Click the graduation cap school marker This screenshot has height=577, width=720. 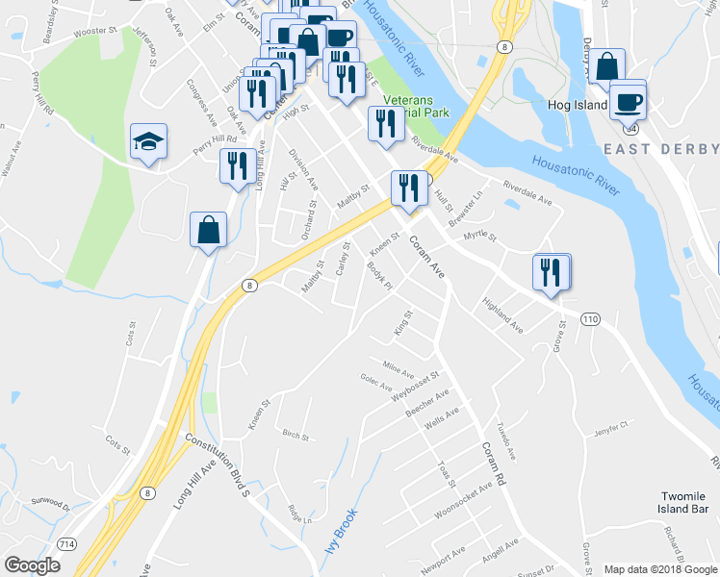(148, 142)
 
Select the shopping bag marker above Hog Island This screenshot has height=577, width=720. (607, 67)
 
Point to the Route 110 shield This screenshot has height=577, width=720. (590, 318)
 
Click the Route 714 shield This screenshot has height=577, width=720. (68, 544)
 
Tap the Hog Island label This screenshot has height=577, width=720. (578, 105)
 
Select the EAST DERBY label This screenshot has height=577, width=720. (661, 149)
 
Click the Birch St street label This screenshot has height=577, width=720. (296, 436)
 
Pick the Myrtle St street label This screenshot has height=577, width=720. (478, 236)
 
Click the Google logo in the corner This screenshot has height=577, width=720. (33, 565)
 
